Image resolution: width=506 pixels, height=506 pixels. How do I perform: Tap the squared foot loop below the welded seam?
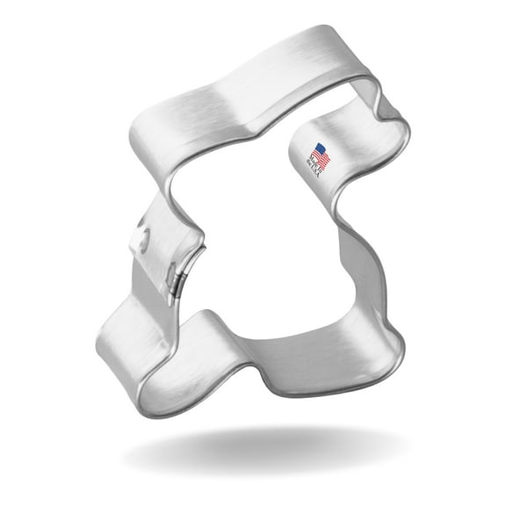pyautogui.click(x=132, y=347)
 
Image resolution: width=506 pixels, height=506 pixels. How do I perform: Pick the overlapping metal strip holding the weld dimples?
pyautogui.click(x=163, y=246)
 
